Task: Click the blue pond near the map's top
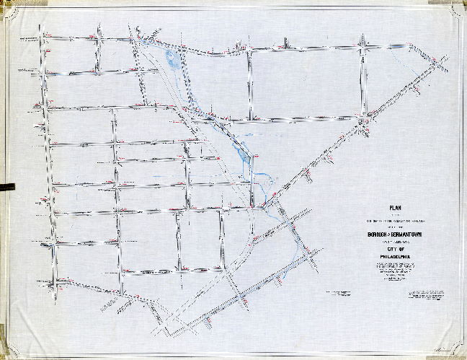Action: [x=172, y=58]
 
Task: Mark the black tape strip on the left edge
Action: [x=6, y=187]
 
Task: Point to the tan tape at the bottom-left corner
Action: [x=9, y=349]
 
